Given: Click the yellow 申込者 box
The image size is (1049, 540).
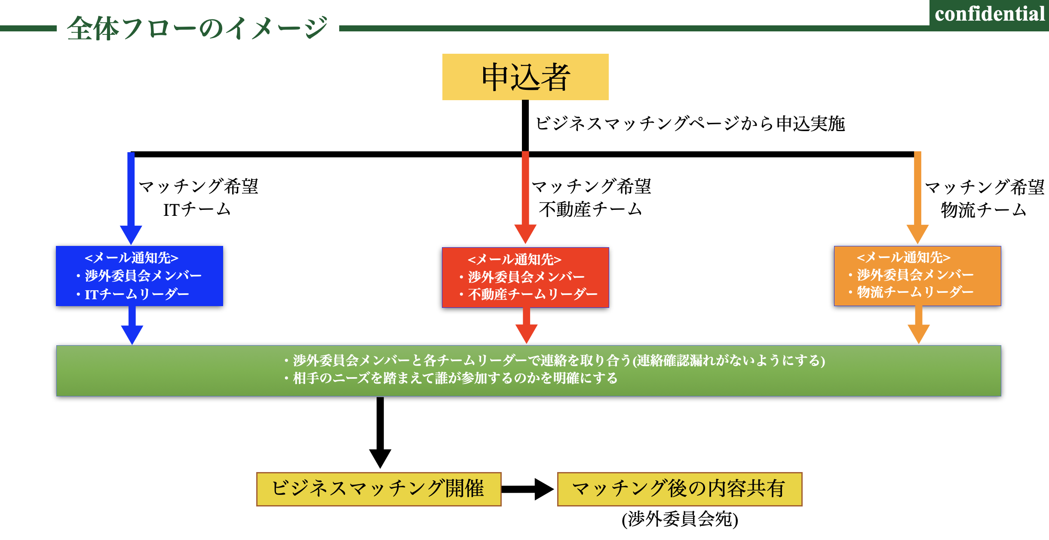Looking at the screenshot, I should pos(525,77).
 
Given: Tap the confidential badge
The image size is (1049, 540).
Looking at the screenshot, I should pos(989,15).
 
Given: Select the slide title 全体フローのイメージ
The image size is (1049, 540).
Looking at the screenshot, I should pos(197,28).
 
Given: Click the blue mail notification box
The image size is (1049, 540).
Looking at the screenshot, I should pos(139,276).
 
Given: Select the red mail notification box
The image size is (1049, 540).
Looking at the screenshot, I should pos(525,277).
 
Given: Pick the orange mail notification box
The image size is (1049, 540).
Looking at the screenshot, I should pos(917,276).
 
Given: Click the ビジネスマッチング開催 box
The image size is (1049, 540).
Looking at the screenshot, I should pos(378,489).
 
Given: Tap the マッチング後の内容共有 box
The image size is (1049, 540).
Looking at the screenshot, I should pos(679,489).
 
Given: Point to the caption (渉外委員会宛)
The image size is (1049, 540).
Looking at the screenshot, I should pos(680,519).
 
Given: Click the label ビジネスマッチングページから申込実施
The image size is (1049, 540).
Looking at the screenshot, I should pos(690,123).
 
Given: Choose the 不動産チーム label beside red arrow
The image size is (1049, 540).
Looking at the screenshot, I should pos(590,210).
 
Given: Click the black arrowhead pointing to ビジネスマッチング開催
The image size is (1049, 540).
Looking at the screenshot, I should pos(380,457).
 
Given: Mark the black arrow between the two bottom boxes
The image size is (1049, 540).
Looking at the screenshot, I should pos(528,489).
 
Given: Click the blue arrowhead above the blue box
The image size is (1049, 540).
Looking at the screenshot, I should pos(131,234).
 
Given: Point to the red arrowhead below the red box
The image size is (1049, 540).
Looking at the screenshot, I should pos(526,333).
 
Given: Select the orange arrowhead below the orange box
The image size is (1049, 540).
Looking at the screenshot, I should pos(919,333).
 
